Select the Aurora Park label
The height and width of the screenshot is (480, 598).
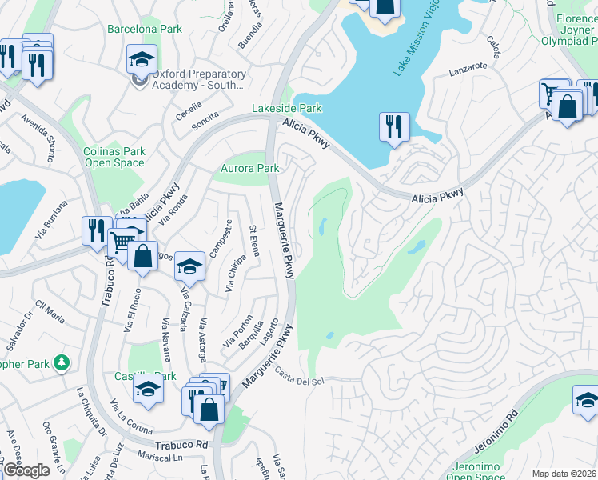(250, 169)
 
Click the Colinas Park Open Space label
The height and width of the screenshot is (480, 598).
(114, 157)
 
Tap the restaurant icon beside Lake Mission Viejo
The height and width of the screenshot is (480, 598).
(395, 128)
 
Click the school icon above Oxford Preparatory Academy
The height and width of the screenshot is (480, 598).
(142, 60)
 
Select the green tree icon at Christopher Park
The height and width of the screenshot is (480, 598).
(62, 364)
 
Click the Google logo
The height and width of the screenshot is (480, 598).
(27, 470)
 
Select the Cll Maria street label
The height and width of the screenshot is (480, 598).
(50, 312)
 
